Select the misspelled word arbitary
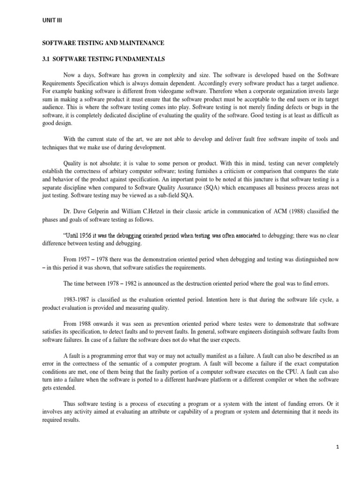coord(130,165)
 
